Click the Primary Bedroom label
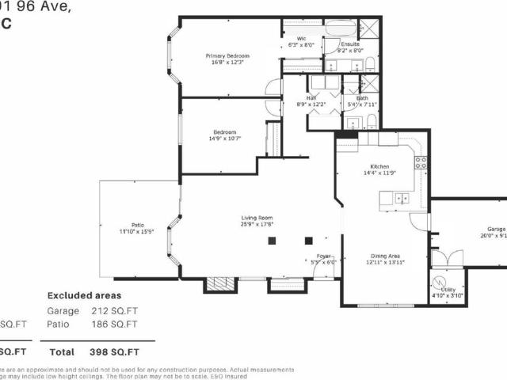(x=227, y=55)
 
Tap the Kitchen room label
(x=379, y=166)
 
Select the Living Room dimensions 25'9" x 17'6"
(x=257, y=224)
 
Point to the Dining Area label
(x=384, y=256)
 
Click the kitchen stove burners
(x=421, y=163)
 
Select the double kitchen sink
(x=404, y=198)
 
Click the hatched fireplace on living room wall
(x=217, y=284)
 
